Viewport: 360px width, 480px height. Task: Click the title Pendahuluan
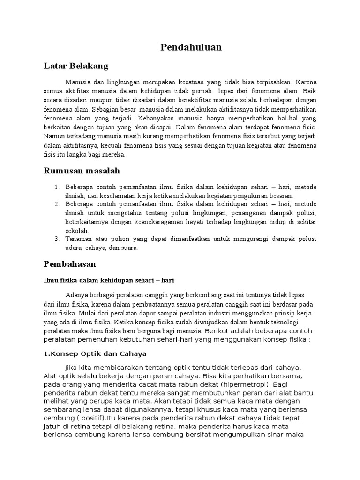[x=191, y=47]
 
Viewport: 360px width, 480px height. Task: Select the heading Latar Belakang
[x=75, y=66]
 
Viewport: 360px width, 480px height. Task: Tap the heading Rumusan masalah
[x=82, y=171]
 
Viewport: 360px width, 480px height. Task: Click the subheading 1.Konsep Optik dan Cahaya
[x=95, y=353]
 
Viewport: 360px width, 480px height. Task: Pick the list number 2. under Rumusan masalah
[x=56, y=204]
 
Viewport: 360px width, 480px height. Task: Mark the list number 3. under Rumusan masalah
[x=56, y=239]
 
